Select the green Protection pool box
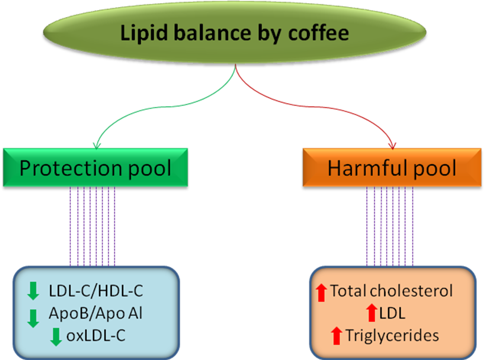point(95,168)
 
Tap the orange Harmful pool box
point(392,168)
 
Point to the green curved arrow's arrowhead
point(96,146)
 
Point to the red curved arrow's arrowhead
point(393,146)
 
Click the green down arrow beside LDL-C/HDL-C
point(33,291)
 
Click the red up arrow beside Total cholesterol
point(322,292)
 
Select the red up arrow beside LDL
point(371,313)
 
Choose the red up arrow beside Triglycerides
point(337,335)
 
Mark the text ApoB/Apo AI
point(95,314)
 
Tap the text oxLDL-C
point(96,336)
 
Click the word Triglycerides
point(392,335)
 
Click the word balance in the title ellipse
point(208,33)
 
